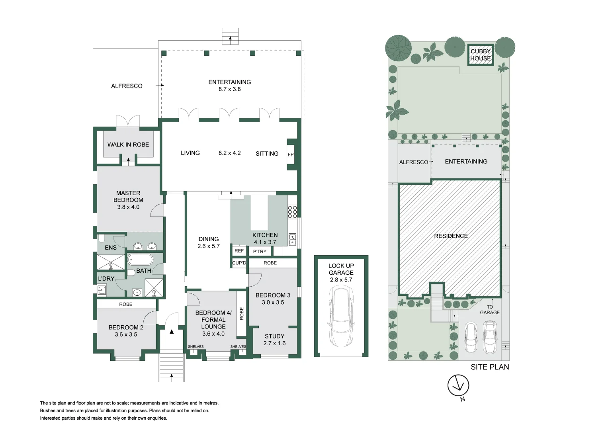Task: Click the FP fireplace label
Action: pos(290,154)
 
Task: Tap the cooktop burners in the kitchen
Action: pos(292,212)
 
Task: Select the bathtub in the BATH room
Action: pos(140,260)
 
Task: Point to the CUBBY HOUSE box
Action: pos(480,55)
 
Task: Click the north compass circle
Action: pos(458,385)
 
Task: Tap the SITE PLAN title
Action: pos(490,367)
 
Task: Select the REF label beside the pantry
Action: pos(239,251)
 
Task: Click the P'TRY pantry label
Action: pos(260,252)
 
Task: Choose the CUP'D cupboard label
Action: pos(239,263)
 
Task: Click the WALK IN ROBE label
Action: pos(128,145)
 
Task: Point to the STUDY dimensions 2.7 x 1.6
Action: pos(274,343)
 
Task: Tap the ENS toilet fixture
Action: pos(102,238)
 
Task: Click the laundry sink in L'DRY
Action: pos(102,291)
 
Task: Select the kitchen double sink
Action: pos(292,239)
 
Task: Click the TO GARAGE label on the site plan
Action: pos(490,310)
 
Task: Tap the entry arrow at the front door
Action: pos(172,331)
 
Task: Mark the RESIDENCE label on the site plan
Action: pos(451,236)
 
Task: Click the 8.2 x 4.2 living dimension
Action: pos(230,153)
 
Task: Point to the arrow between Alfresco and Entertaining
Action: pos(160,85)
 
